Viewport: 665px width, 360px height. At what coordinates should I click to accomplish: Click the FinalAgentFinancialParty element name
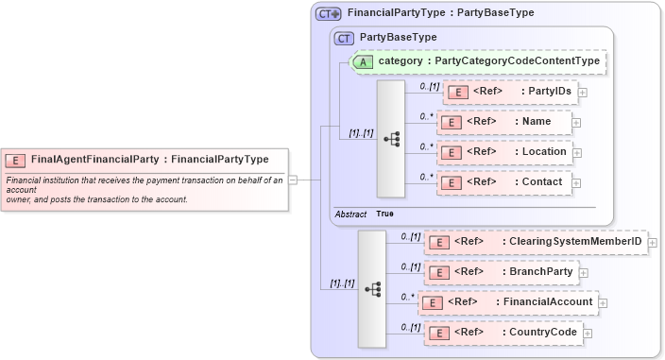coord(94,160)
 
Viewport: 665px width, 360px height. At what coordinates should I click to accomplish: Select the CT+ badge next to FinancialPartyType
coord(329,13)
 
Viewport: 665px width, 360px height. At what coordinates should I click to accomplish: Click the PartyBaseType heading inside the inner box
coord(399,37)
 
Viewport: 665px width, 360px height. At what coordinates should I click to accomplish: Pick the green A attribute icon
coord(363,61)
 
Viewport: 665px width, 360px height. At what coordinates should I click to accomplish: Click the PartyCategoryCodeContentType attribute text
coord(488,61)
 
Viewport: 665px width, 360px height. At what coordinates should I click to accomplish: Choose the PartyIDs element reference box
coord(510,92)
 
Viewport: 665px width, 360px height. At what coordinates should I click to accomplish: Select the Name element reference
coord(504,122)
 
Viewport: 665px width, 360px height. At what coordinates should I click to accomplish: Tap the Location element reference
coord(504,151)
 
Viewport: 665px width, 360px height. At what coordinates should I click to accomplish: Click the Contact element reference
coord(504,181)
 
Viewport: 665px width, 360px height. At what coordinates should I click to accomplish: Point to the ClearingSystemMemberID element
coord(535,242)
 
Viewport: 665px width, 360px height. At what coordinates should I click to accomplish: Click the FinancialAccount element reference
coord(508,302)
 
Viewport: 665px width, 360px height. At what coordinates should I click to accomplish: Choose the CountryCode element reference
coord(503,333)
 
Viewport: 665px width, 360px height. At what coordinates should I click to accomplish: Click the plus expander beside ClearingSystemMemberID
coord(653,243)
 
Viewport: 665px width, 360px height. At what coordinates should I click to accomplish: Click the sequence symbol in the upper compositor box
coord(391,138)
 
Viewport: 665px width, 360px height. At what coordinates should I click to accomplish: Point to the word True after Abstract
coord(385,214)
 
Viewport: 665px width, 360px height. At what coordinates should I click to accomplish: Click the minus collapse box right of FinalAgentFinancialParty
coord(293,179)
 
